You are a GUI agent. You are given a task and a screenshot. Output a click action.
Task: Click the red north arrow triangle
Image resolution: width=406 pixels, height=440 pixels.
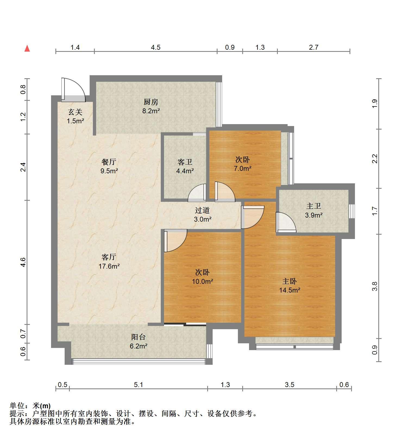pyautogui.click(x=27, y=49)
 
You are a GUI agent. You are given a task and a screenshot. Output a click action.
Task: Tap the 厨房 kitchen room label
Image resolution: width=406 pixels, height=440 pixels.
pyautogui.click(x=151, y=102)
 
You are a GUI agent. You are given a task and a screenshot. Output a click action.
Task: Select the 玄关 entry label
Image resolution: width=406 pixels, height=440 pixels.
pyautogui.click(x=75, y=112)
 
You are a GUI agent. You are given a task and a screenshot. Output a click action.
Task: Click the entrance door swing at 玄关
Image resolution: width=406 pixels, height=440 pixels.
pyautogui.click(x=73, y=90)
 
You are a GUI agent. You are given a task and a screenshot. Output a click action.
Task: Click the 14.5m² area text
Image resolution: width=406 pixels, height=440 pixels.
pyautogui.click(x=290, y=290)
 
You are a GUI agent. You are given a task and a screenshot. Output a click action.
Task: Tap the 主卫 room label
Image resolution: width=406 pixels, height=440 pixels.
pyautogui.click(x=314, y=206)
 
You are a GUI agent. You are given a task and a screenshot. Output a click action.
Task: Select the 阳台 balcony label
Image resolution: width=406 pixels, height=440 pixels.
pyautogui.click(x=139, y=337)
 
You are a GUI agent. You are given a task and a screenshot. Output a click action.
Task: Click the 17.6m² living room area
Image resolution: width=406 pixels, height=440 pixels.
pyautogui.click(x=109, y=266)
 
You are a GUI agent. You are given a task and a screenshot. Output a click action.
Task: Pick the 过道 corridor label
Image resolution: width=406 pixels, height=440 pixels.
pyautogui.click(x=202, y=210)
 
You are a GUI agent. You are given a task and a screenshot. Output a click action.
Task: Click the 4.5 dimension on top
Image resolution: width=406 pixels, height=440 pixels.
pyautogui.click(x=156, y=48)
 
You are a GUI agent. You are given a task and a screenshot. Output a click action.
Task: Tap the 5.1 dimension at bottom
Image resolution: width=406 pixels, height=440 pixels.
pyautogui.click(x=139, y=385)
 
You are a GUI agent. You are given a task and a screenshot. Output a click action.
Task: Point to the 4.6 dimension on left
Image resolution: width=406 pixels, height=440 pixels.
pyautogui.click(x=23, y=262)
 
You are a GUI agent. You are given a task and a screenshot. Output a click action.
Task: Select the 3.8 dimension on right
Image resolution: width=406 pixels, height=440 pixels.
pyautogui.click(x=375, y=286)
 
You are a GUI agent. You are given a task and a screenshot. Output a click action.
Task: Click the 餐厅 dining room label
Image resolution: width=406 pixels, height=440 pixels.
pyautogui.click(x=109, y=162)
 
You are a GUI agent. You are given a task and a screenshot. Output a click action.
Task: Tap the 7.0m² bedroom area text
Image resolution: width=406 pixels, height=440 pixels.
pyautogui.click(x=243, y=168)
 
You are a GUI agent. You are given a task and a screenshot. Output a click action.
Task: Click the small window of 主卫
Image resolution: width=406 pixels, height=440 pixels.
pyautogui.click(x=352, y=211)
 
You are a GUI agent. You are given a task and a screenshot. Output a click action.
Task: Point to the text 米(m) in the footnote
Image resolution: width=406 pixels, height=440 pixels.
pyautogui.click(x=42, y=406)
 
